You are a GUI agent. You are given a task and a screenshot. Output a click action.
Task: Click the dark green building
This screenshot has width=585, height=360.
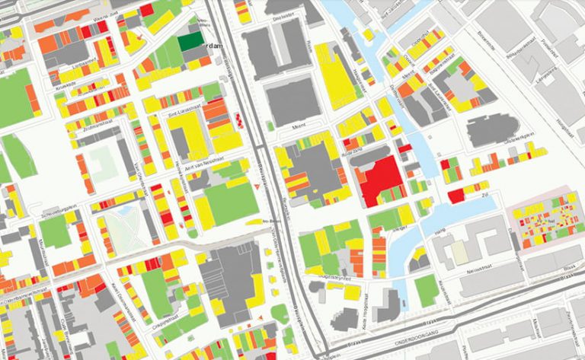click(190, 43)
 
